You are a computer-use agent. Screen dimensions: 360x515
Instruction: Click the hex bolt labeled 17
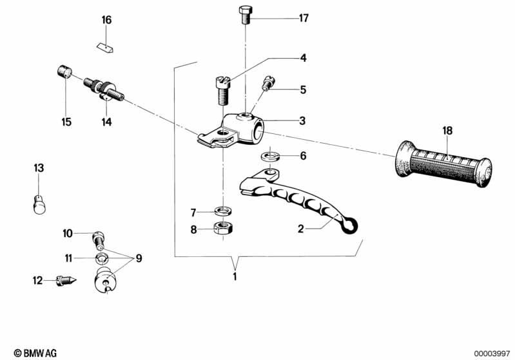point(245,15)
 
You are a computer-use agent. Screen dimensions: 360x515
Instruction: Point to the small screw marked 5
point(267,84)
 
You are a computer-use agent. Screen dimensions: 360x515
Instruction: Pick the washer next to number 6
point(270,156)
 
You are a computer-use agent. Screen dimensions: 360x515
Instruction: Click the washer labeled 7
point(223,211)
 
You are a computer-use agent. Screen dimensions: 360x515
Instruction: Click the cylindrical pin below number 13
point(39,203)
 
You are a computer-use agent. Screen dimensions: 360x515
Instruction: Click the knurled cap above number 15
point(64,71)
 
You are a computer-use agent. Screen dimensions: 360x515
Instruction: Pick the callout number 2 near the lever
point(300,228)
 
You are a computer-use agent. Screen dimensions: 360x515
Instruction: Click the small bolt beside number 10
point(99,238)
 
